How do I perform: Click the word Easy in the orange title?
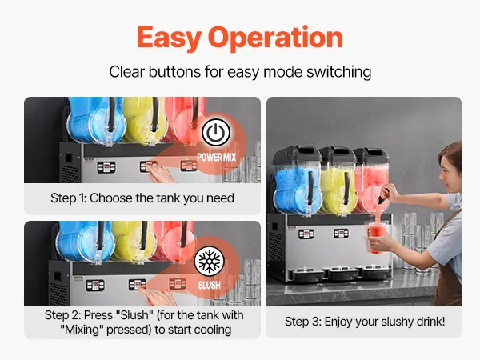pos(169,38)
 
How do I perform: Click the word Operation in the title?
pos(275,38)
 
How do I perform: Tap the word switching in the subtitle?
pos(339,72)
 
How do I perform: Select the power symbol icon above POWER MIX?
pos(216,132)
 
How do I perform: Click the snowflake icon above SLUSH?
pos(210,261)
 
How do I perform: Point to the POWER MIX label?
pos(217,158)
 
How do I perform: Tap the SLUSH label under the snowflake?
pos(210,286)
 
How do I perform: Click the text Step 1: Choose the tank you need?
pos(142,198)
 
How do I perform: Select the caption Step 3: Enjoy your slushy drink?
pos(365,322)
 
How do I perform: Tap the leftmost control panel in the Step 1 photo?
pos(106,167)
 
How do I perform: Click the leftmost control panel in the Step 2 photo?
pos(95,286)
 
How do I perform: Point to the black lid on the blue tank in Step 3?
pos(296,154)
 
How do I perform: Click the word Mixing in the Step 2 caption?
pos(82,330)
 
